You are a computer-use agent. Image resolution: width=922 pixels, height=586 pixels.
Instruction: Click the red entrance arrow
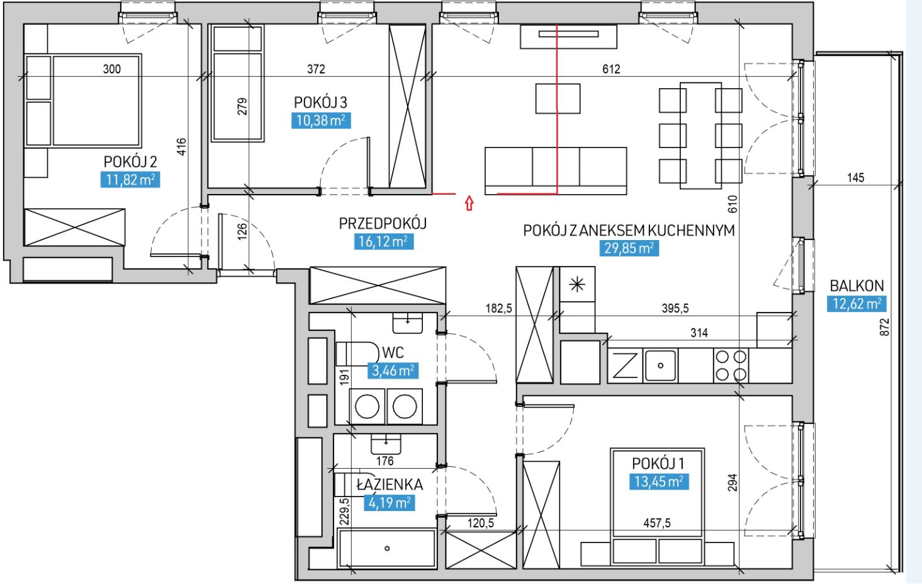click(x=469, y=203)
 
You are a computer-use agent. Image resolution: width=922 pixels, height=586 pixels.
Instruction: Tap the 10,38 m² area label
click(x=321, y=120)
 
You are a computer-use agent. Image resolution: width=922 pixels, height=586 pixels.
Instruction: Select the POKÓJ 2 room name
click(x=130, y=161)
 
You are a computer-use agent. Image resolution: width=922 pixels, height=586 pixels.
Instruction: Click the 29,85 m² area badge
click(x=629, y=248)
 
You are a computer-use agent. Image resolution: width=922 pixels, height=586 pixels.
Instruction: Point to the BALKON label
click(x=857, y=285)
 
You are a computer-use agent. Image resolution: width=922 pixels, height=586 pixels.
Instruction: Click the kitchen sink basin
click(x=660, y=365)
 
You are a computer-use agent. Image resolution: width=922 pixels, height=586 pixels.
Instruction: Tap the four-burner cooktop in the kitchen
click(x=731, y=365)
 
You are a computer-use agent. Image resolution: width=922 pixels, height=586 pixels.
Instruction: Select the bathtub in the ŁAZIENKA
click(x=386, y=548)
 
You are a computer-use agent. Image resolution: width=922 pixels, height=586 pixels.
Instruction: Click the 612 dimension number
click(x=611, y=69)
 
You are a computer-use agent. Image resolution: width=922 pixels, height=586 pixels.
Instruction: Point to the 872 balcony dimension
click(x=884, y=327)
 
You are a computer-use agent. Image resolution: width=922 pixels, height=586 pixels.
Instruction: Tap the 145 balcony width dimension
click(x=856, y=178)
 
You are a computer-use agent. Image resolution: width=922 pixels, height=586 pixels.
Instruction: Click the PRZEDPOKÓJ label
click(x=383, y=223)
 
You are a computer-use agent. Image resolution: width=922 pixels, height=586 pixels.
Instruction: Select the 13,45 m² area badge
click(x=659, y=481)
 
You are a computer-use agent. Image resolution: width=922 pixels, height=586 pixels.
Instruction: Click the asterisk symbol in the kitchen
click(x=577, y=284)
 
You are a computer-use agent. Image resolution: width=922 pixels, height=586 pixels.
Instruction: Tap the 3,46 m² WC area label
click(x=393, y=371)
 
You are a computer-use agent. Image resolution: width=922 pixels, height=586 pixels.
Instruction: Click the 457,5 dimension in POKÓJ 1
click(x=657, y=523)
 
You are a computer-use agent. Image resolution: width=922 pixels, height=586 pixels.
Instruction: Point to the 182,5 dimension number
click(x=499, y=308)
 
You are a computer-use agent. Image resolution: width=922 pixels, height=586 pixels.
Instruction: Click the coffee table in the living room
click(x=558, y=98)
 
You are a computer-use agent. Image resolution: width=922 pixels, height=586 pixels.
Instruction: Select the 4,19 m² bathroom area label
click(x=390, y=503)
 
